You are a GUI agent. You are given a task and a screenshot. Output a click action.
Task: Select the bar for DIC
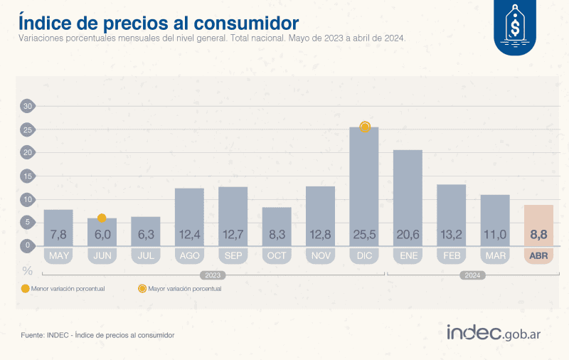364,185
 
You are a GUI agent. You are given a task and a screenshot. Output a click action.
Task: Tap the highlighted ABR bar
538,224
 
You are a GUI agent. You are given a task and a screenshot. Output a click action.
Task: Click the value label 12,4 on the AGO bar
189,234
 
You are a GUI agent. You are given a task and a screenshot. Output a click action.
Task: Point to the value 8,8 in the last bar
538,234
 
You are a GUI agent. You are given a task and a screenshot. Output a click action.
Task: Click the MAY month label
58,255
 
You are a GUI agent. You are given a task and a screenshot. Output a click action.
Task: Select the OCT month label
277,255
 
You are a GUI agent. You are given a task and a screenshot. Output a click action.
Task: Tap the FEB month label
451,255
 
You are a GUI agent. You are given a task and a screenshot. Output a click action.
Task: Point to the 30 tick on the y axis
28,107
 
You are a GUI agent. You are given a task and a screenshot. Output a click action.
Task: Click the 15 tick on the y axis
28,176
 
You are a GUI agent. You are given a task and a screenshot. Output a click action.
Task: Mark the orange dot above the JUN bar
102,218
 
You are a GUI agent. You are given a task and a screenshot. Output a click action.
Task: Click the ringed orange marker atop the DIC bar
365,127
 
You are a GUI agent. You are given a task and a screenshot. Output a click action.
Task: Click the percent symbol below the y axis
28,271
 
